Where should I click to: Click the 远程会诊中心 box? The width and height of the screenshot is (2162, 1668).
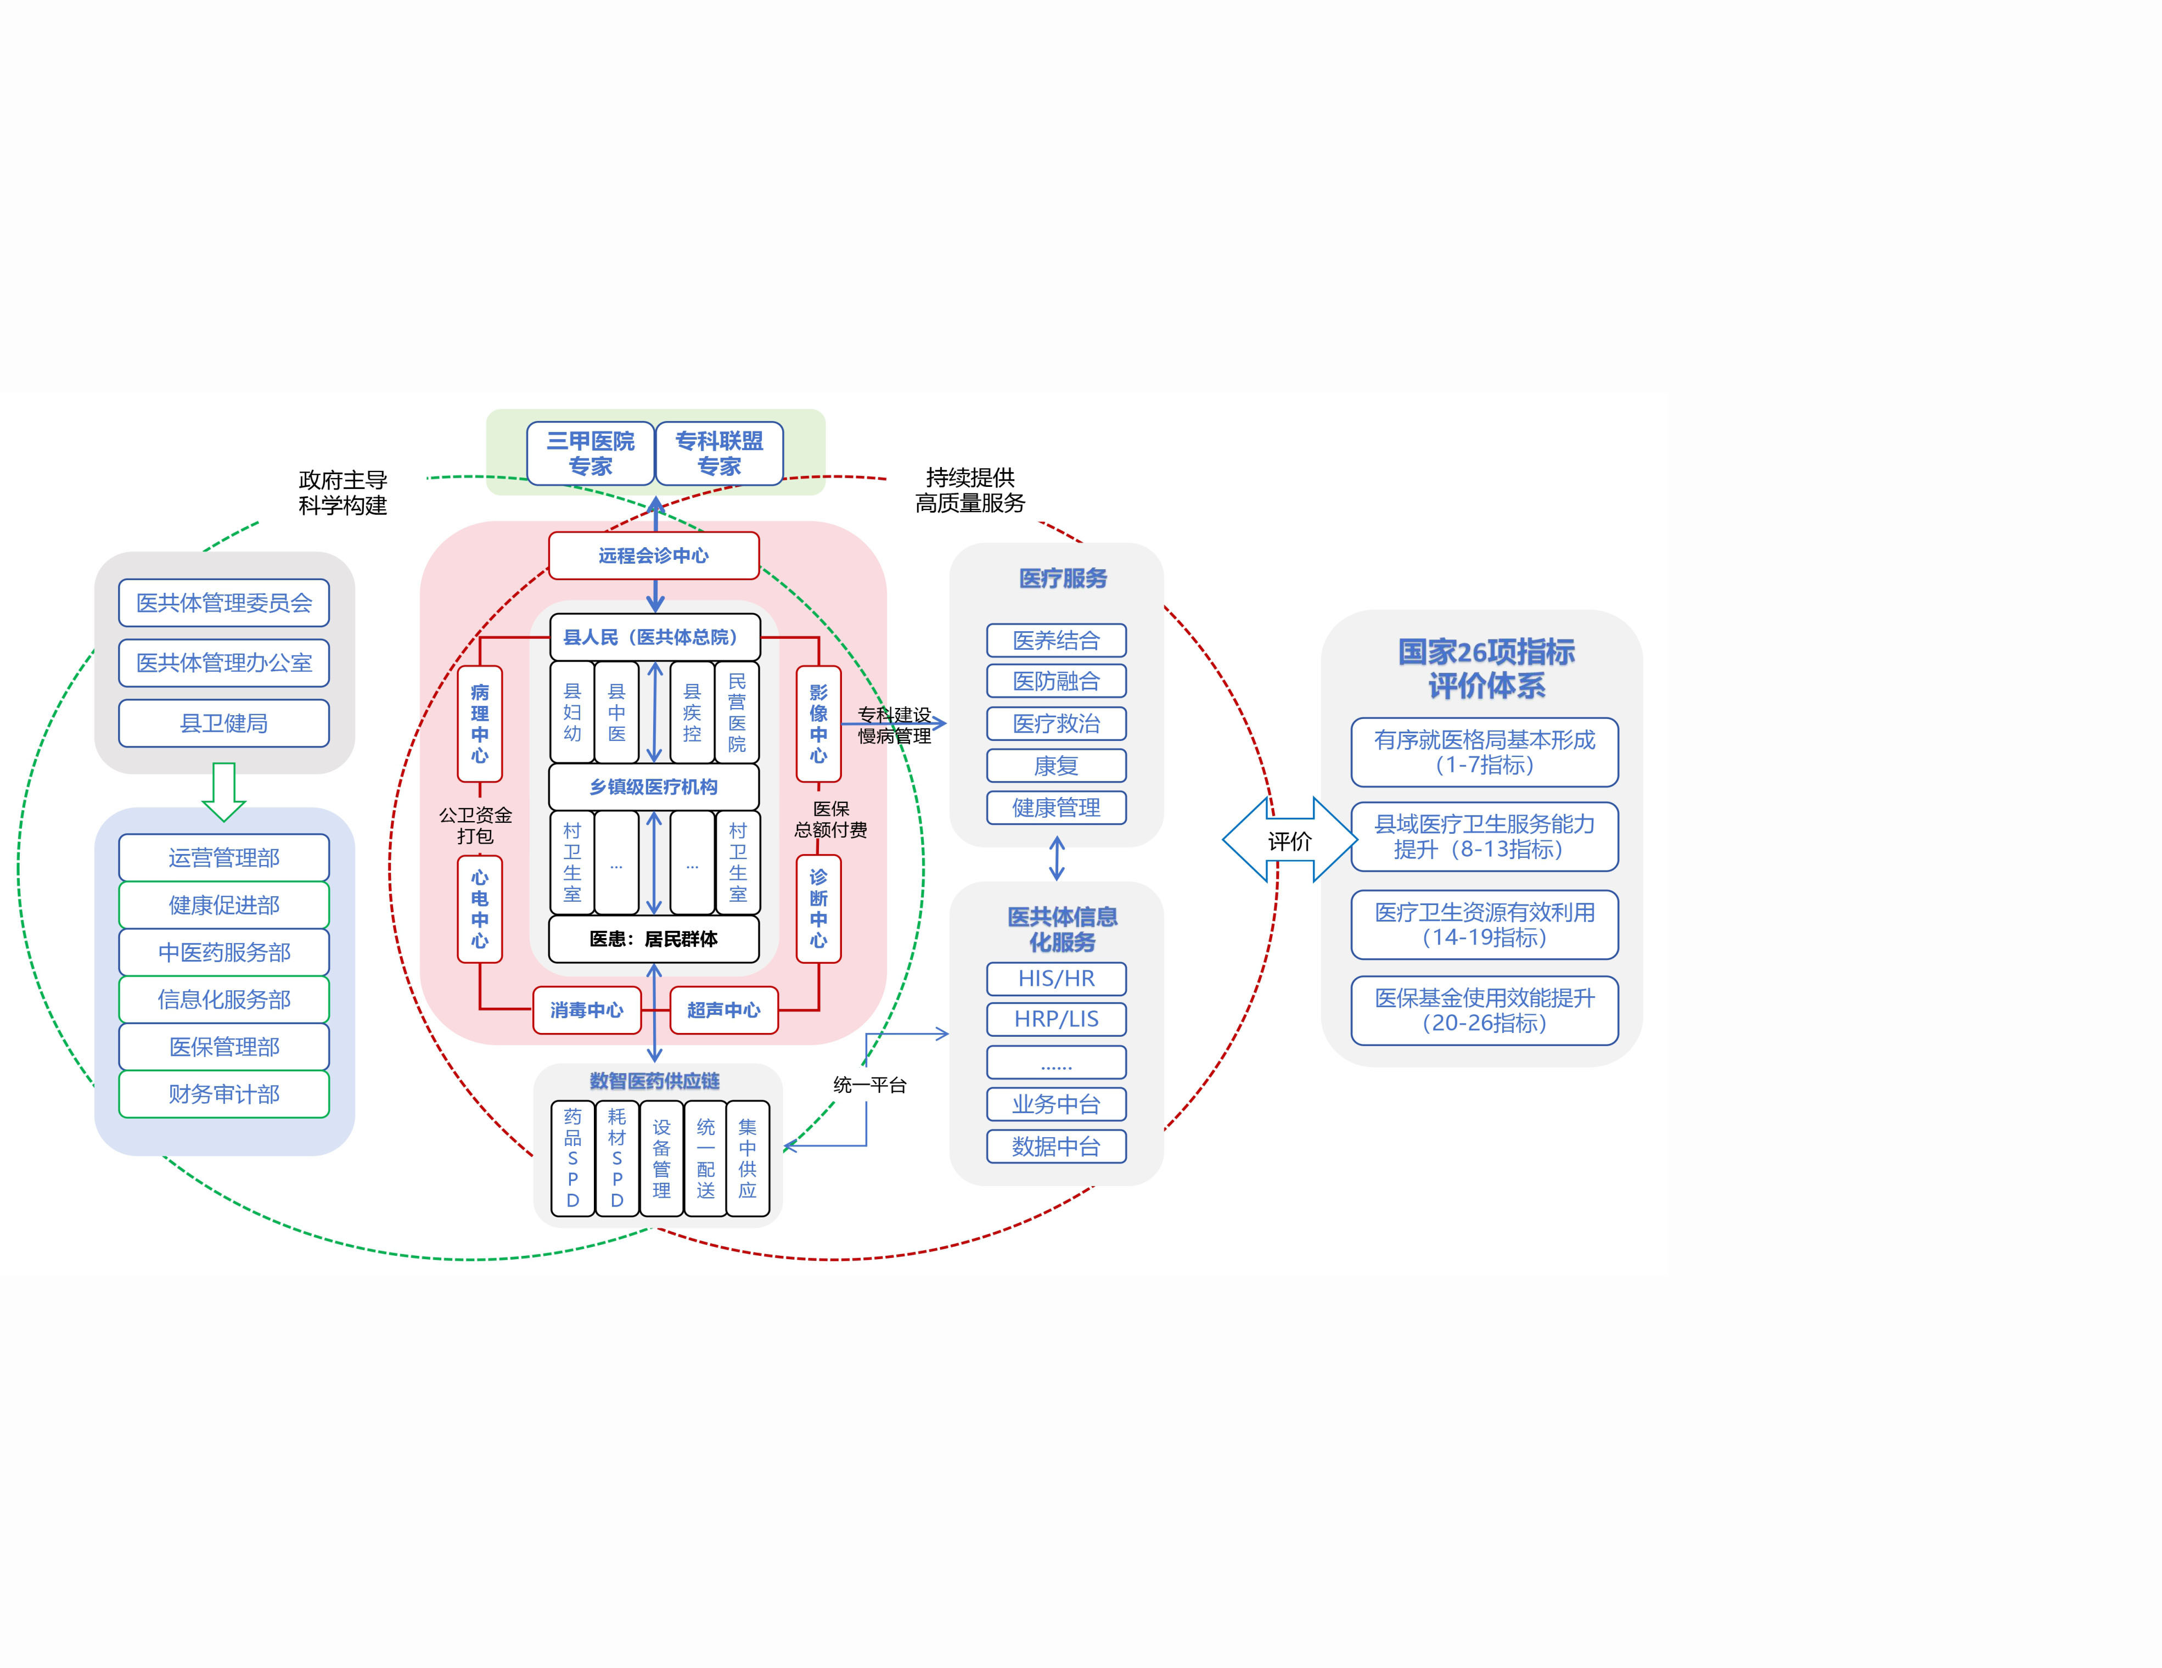[x=653, y=555]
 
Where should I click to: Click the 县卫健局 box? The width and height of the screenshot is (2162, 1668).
[x=224, y=723]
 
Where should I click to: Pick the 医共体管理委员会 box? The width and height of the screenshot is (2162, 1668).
[x=224, y=603]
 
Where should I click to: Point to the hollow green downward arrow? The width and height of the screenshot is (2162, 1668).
[x=224, y=791]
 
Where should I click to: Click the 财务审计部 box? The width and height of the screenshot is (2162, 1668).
[x=224, y=1094]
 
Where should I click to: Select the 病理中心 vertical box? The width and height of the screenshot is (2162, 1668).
[x=480, y=723]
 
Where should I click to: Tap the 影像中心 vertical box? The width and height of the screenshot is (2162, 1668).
[x=819, y=723]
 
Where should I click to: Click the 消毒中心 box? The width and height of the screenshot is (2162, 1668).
[x=587, y=1010]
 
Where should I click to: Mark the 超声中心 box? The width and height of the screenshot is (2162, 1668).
[x=723, y=1010]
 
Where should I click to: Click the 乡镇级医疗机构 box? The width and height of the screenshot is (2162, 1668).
[x=653, y=787]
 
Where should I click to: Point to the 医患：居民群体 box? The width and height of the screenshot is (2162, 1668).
[x=653, y=939]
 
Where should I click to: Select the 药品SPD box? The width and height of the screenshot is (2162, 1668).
[x=572, y=1158]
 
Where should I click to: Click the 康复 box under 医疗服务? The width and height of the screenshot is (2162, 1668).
[x=1056, y=765]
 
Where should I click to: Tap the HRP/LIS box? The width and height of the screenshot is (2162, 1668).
[x=1056, y=1019]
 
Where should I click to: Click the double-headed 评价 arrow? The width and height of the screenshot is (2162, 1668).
[x=1289, y=840]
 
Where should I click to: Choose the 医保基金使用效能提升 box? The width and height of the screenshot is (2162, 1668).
[x=1484, y=1010]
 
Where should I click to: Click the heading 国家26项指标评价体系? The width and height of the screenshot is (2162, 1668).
[x=1486, y=668]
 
